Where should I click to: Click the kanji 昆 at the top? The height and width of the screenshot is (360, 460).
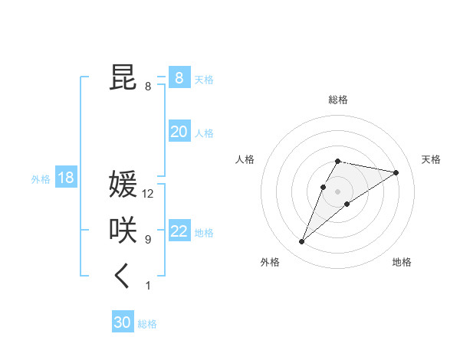pos(123,77)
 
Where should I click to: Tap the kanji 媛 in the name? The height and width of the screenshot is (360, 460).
pos(123,185)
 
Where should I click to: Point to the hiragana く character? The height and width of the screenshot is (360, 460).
pos(123,276)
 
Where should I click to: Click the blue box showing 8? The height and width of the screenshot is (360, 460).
pos(179,77)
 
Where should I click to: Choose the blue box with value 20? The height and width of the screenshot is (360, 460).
pos(179,132)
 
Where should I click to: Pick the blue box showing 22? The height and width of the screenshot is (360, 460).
pos(179,231)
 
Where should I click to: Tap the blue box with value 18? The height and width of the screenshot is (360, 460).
pos(66,178)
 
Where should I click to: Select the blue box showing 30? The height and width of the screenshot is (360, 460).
pos(123,322)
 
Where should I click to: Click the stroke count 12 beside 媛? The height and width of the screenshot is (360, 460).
pos(148,195)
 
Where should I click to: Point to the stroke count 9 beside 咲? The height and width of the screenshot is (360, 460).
pos(148,240)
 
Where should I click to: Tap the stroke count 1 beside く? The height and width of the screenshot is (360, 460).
pos(148,286)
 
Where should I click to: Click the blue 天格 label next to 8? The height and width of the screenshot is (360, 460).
pos(204,79)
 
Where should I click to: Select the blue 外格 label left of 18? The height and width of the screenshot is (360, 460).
pos(41,179)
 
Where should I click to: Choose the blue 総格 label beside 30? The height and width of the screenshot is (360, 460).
pos(147,324)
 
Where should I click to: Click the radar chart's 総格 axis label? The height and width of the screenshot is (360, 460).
pos(337,100)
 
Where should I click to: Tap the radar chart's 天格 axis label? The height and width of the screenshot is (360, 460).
pos(431,159)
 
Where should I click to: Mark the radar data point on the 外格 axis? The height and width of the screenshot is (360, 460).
pos(302,242)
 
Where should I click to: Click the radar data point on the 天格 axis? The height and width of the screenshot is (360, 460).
pos(396,172)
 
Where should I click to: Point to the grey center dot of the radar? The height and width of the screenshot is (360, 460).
pos(337,191)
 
